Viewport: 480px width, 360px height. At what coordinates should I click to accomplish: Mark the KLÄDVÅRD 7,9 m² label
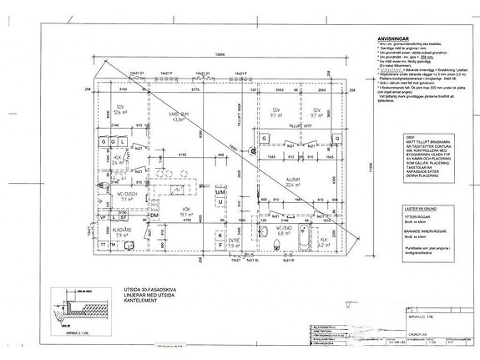coord(122,233)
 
